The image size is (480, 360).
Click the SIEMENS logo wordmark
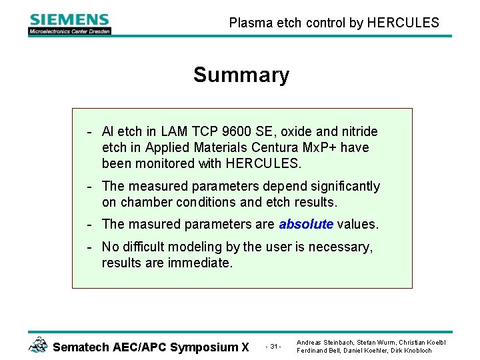pyautogui.click(x=69, y=19)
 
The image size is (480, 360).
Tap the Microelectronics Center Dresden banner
pyautogui.click(x=69, y=31)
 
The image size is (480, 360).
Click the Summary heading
pyautogui.click(x=241, y=75)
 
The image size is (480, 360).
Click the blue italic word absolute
pyautogui.click(x=307, y=224)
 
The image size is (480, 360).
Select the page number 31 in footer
pyautogui.click(x=274, y=347)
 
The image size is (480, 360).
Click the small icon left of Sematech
pyautogui.click(x=39, y=345)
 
